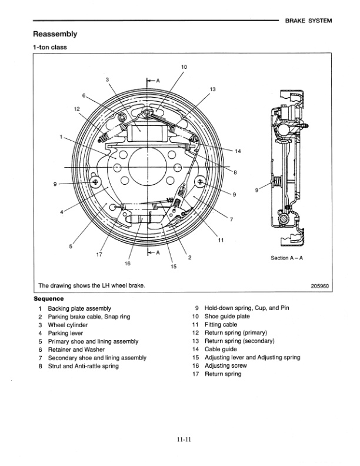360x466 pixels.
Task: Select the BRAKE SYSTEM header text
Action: point(308,21)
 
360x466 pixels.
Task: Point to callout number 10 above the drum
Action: point(184,67)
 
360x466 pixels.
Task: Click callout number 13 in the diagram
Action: point(212,89)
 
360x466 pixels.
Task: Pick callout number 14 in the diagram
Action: point(238,151)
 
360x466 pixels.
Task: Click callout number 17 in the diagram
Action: point(99,255)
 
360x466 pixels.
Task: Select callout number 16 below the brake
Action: point(128,263)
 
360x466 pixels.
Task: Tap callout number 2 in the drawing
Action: point(189,257)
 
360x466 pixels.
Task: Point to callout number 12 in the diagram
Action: point(77,109)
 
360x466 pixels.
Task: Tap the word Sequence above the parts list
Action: point(49,298)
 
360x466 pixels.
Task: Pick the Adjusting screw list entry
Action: point(225,366)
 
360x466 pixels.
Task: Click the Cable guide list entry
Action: point(221,349)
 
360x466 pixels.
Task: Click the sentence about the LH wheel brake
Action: point(91,286)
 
